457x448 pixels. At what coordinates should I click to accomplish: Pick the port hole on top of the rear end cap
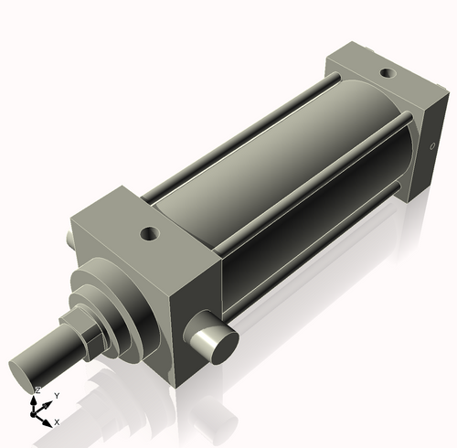pyautogui.click(x=387, y=71)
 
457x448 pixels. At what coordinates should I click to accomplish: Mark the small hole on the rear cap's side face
pyautogui.click(x=432, y=145)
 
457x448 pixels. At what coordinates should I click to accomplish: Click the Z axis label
pyautogui.click(x=37, y=389)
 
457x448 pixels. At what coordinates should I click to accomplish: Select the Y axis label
pyautogui.click(x=57, y=395)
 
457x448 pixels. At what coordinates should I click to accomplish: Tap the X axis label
pyautogui.click(x=57, y=421)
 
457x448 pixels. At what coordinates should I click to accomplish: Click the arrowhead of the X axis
pyautogui.click(x=48, y=420)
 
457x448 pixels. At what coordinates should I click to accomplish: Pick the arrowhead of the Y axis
pyautogui.click(x=49, y=401)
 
